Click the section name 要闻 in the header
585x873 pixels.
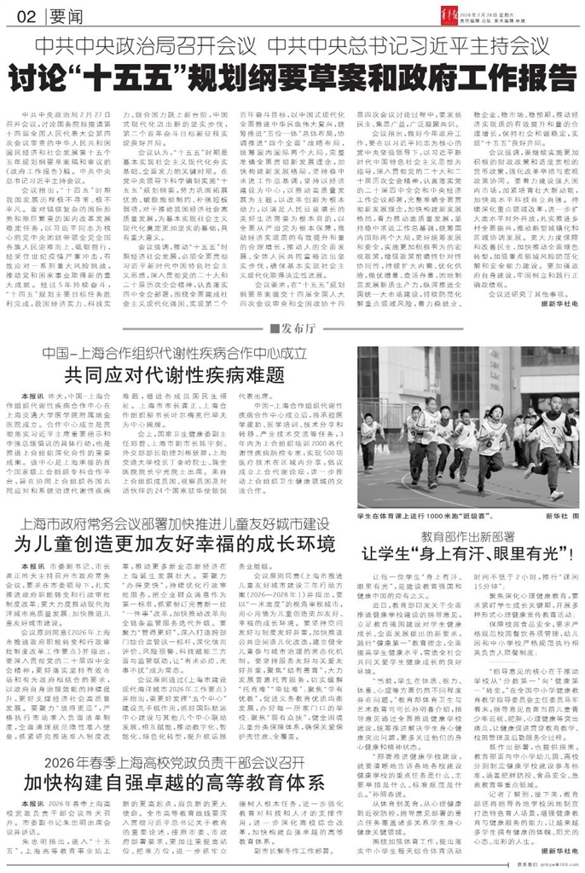click(x=56, y=16)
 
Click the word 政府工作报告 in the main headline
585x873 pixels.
click(x=477, y=79)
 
